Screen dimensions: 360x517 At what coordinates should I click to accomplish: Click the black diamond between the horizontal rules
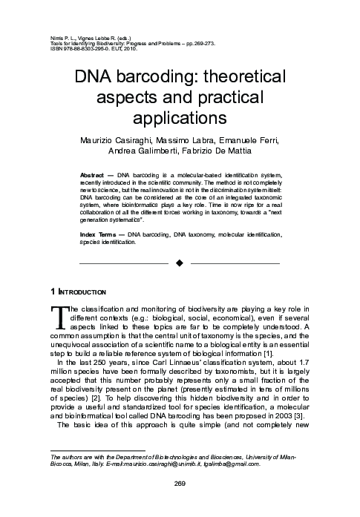(x=179, y=263)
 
